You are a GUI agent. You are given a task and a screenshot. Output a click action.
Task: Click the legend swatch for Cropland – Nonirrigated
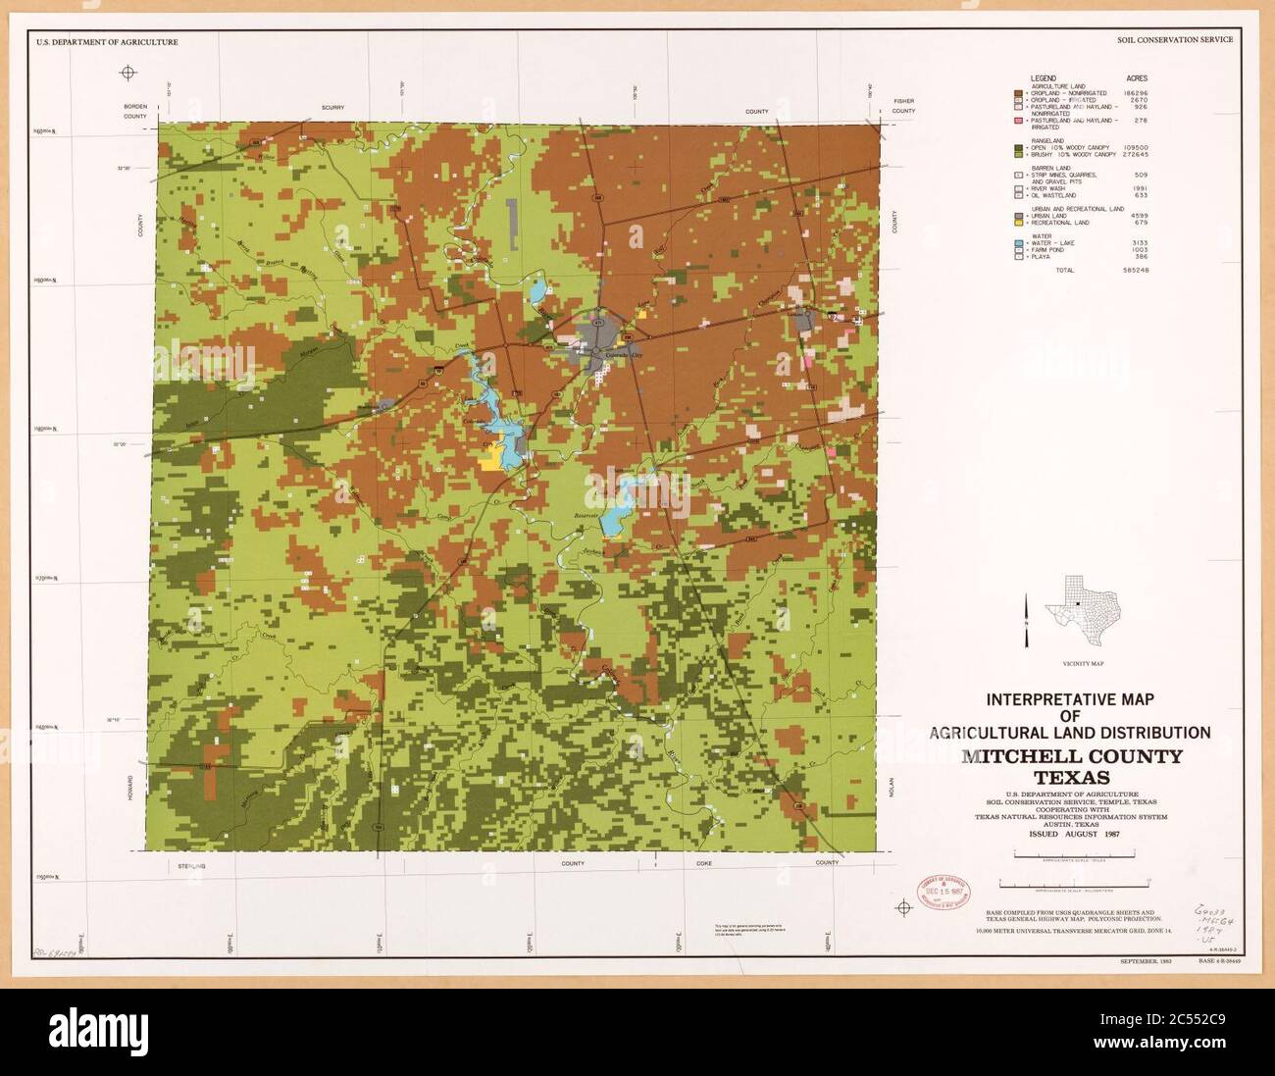tap(1019, 92)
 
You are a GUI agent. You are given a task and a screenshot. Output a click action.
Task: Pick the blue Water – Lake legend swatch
tap(1019, 242)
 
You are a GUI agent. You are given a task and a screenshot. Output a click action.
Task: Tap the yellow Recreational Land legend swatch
tap(1019, 223)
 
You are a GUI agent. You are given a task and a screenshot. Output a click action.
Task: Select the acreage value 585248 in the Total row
tap(1136, 269)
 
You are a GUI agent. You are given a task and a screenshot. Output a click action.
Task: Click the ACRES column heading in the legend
tap(1137, 77)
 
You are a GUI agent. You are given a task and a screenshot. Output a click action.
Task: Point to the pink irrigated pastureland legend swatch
tap(1019, 120)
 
